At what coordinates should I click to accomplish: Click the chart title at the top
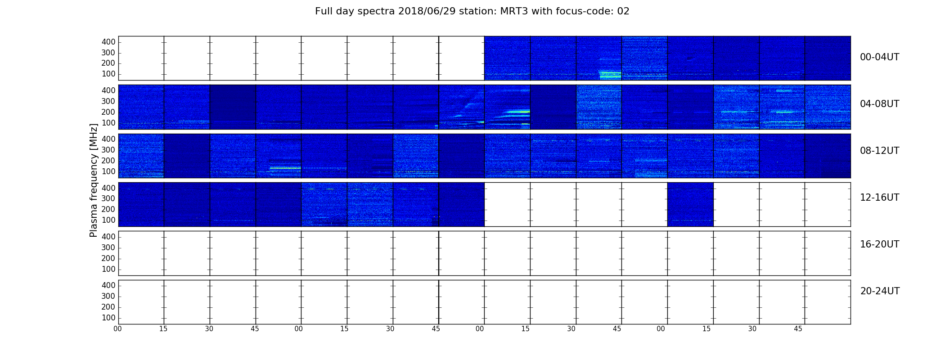pos(472,11)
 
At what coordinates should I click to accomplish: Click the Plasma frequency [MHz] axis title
pos(94,180)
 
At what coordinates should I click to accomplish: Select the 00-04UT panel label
pos(879,57)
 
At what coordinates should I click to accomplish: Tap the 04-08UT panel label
pos(879,104)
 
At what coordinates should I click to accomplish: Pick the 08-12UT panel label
pos(879,151)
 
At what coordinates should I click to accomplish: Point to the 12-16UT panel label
pos(879,198)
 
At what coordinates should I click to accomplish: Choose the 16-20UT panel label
pos(879,244)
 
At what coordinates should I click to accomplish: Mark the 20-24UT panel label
pos(880,291)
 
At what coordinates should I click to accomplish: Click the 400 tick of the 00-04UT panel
pos(108,42)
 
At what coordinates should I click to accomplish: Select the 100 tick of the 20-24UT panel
pos(108,318)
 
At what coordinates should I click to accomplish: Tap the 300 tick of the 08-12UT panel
pos(108,150)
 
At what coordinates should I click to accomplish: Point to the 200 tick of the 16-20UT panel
pos(108,258)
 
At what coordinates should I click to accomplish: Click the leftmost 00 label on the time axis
pos(117,329)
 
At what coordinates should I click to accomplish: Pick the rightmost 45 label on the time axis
pos(798,329)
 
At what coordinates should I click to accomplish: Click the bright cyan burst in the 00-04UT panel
pos(610,75)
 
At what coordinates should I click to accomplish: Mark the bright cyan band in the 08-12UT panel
pos(285,168)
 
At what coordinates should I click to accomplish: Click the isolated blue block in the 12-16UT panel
pos(690,204)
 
